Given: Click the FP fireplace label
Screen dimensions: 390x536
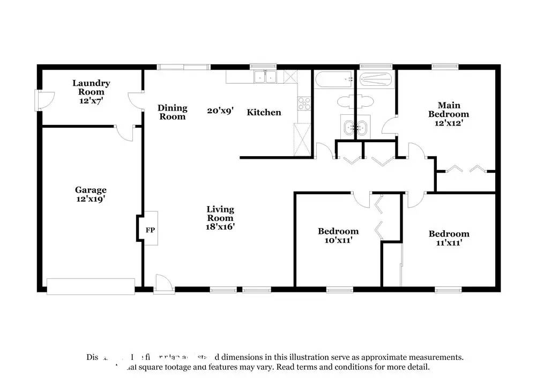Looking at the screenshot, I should (151, 230).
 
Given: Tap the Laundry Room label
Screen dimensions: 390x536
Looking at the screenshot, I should (92, 87).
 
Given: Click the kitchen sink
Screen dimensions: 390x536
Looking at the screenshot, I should (265, 77).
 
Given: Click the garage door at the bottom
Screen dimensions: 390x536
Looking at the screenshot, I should (91, 286).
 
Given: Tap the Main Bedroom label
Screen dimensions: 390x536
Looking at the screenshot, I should (448, 109).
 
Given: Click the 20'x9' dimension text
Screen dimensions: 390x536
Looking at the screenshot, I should (220, 112).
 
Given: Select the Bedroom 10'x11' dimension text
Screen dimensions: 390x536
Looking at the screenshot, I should (338, 240).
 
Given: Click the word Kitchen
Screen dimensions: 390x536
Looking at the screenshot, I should (264, 112).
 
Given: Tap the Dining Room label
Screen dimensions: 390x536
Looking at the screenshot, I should (172, 112).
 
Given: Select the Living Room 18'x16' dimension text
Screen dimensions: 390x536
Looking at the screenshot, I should (220, 226).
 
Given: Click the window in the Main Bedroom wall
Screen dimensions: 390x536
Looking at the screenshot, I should (445, 67).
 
